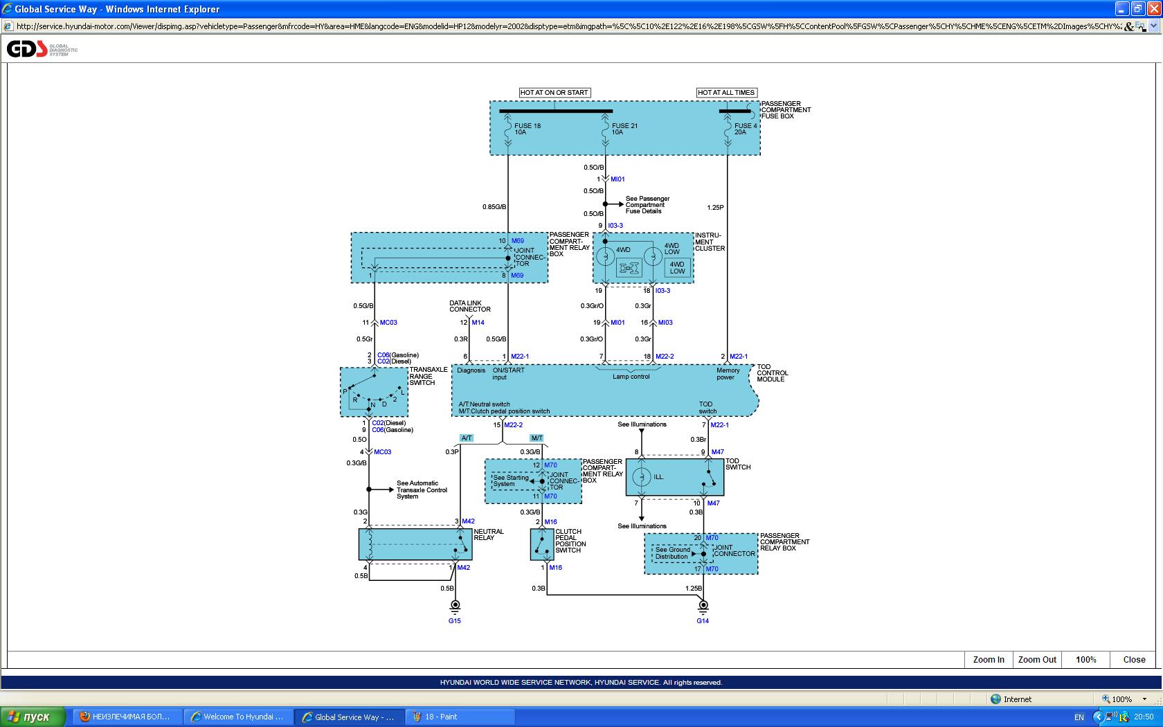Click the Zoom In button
[988, 659]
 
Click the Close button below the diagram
[1133, 659]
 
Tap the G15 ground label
[454, 621]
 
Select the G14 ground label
[702, 621]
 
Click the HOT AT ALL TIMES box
[725, 92]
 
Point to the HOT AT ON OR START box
[554, 92]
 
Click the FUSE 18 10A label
[527, 129]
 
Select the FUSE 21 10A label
[624, 129]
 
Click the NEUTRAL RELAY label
[489, 535]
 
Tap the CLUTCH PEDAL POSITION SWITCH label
[570, 541]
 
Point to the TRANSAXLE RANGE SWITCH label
[428, 376]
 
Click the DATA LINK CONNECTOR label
[469, 306]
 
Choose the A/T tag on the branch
[467, 438]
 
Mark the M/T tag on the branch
[537, 438]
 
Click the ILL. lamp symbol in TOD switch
[642, 477]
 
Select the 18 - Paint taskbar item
[440, 717]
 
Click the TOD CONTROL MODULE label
[772, 373]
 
